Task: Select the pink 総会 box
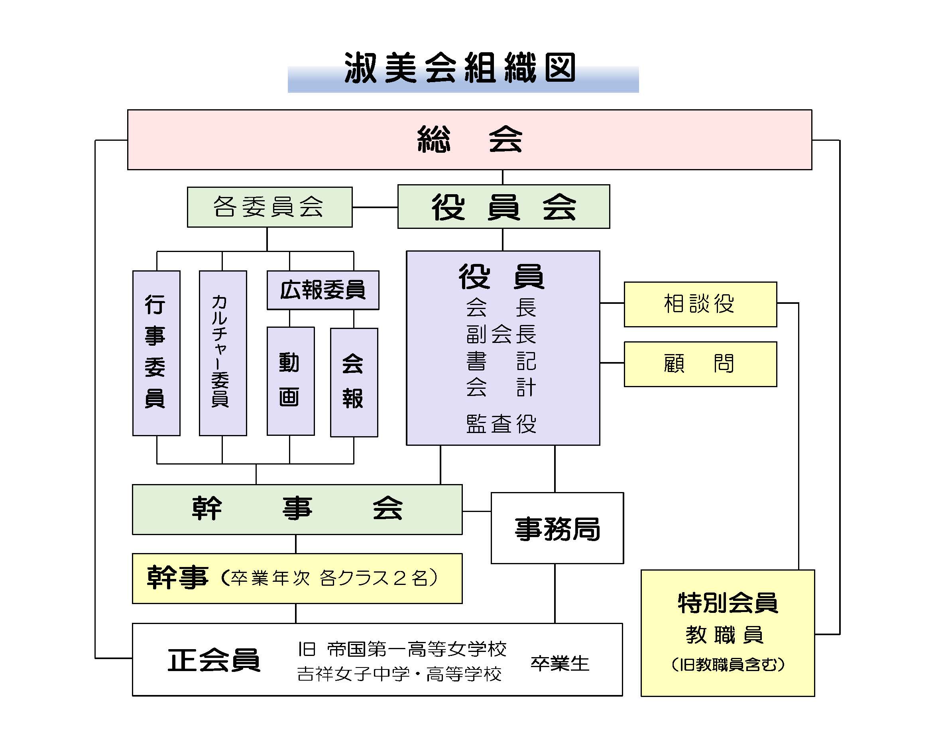(470, 140)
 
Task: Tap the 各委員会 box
(269, 207)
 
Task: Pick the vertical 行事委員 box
(156, 353)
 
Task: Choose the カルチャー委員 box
(223, 353)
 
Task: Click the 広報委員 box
(323, 290)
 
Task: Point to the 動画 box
(291, 381)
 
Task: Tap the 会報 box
(354, 382)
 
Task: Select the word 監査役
(501, 424)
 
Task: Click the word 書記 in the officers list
(501, 361)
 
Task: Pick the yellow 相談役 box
(700, 304)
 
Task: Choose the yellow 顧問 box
(700, 364)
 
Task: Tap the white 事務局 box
(557, 528)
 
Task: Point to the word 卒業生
(559, 663)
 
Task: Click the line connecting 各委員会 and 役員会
(375, 207)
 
